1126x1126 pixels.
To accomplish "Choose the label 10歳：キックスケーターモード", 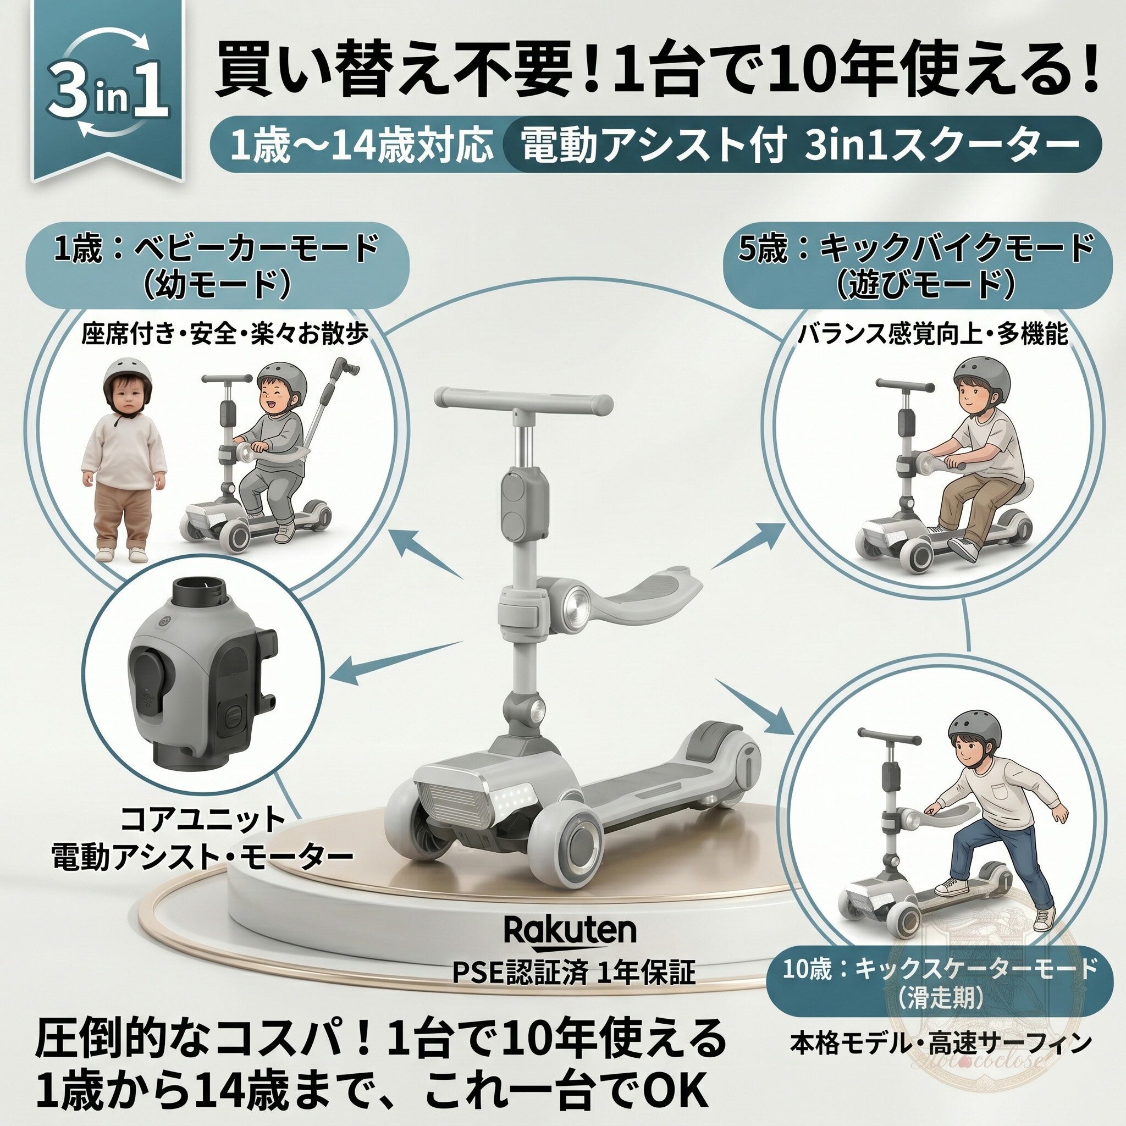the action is pyautogui.click(x=940, y=969).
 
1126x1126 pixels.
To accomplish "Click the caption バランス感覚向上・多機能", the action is pyautogui.click(x=932, y=334).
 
